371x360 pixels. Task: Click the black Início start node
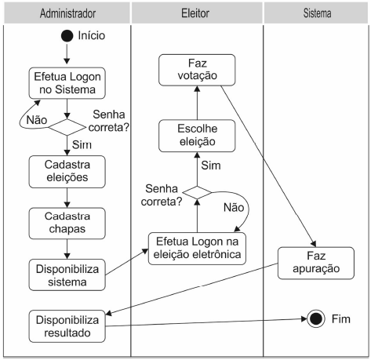click(67, 36)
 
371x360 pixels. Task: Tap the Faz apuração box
click(315, 261)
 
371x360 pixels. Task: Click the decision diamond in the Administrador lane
click(67, 126)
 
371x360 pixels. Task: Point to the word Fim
click(342, 320)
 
